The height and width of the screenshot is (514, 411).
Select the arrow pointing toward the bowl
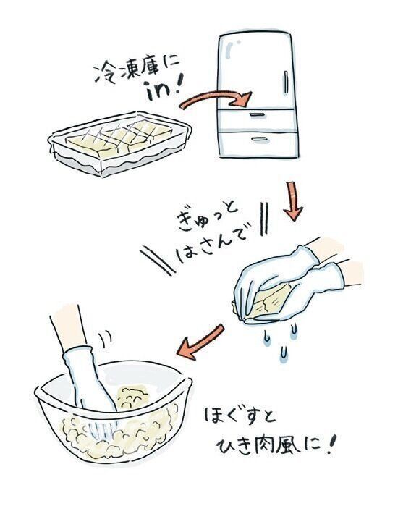[x=200, y=341]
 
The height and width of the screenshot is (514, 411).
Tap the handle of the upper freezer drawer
[x=257, y=114]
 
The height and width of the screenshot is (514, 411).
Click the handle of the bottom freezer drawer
[x=260, y=140]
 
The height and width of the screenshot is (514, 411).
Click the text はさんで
[x=211, y=243]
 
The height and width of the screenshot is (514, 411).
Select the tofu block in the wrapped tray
[x=119, y=138]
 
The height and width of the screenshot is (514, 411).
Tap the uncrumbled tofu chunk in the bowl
[x=132, y=397]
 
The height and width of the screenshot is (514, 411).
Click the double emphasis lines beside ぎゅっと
[x=264, y=219]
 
